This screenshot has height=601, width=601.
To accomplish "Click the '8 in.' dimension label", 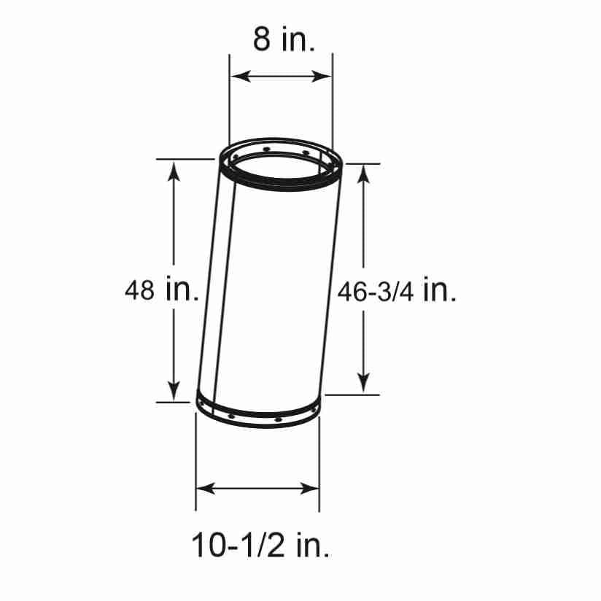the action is point(284,39).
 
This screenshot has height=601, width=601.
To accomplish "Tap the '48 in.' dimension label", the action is point(162,290).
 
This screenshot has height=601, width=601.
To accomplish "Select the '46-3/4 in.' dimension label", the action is point(397,291).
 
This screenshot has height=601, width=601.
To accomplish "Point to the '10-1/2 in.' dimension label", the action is point(260,545).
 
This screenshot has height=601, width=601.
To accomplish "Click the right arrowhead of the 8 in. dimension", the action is point(321,76).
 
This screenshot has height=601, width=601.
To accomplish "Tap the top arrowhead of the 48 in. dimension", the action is point(174,171).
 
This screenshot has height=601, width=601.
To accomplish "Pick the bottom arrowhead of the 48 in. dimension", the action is point(174,391).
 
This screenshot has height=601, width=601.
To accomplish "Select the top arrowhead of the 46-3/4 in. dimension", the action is point(363,174).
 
